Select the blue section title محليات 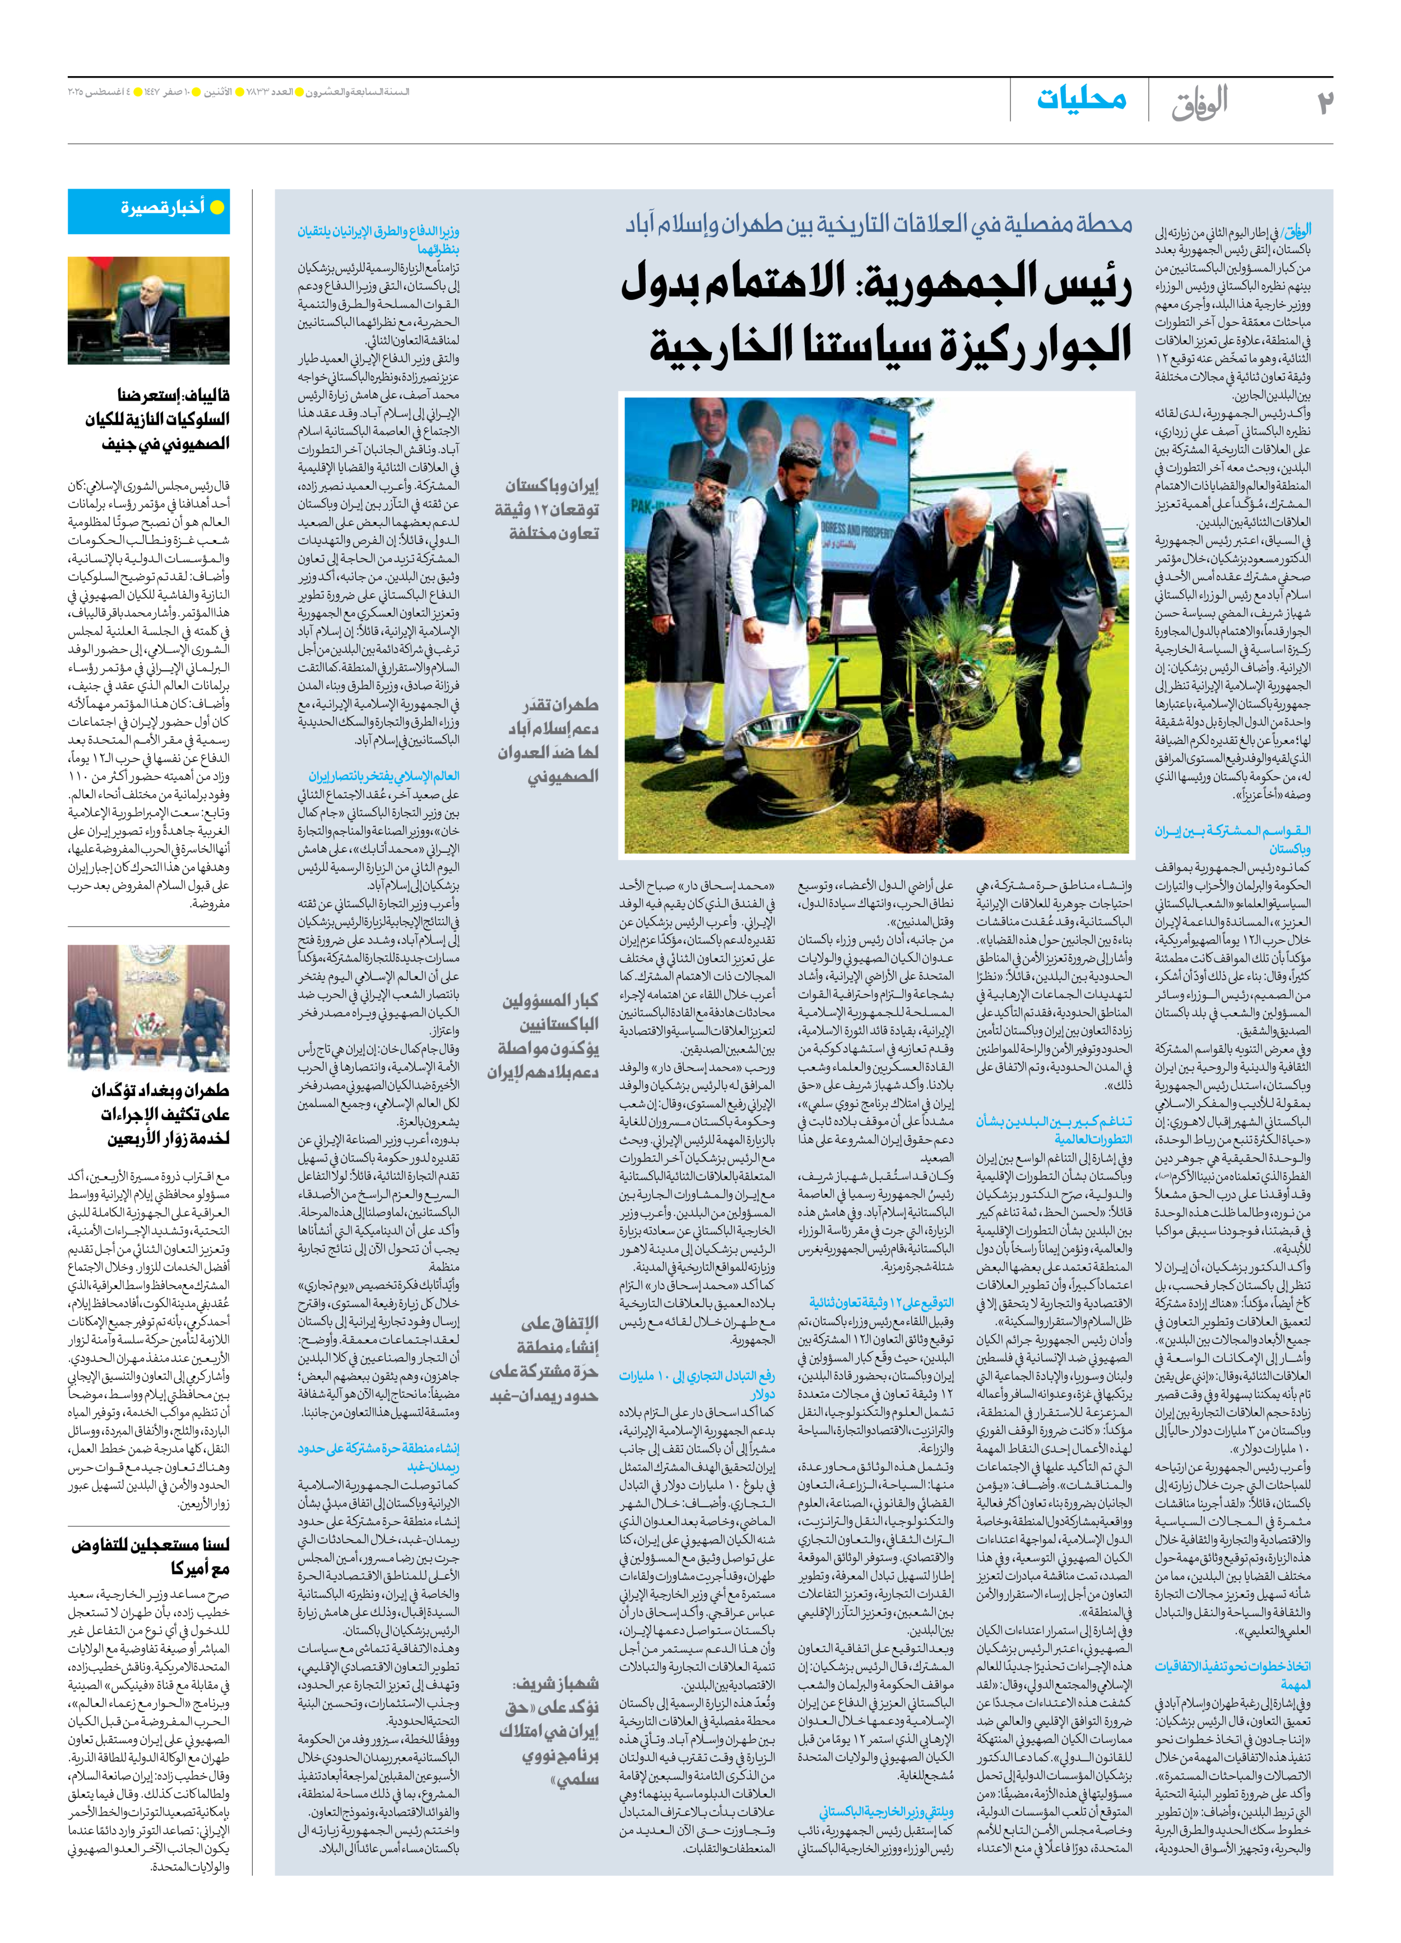click(1082, 99)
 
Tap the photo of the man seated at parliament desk click(149, 310)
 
